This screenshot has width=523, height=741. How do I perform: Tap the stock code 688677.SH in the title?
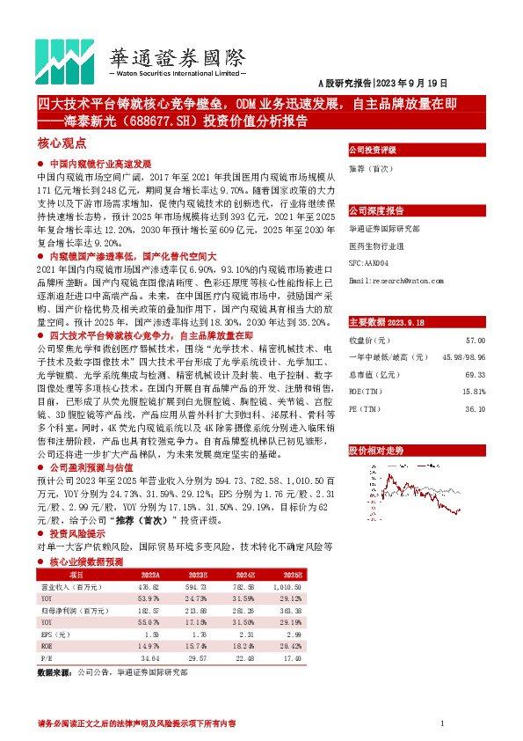click(x=149, y=121)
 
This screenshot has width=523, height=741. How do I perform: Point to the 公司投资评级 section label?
click(x=374, y=150)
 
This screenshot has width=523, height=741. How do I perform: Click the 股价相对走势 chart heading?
click(x=377, y=451)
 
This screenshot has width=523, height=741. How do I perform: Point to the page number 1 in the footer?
click(x=440, y=723)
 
